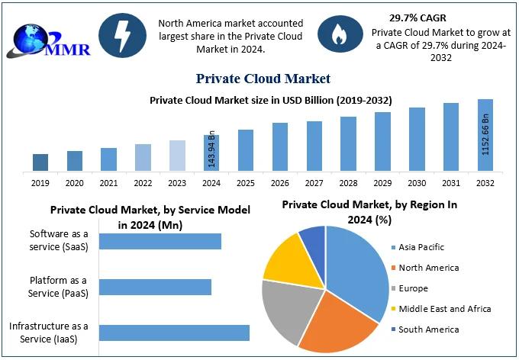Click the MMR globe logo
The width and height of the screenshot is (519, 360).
(47, 37)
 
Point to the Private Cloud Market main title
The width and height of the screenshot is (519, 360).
(263, 79)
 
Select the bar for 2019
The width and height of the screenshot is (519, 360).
(40, 162)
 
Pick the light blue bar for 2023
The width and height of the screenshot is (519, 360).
(177, 155)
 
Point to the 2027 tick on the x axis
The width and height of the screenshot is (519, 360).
(314, 183)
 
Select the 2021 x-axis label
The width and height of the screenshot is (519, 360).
(108, 183)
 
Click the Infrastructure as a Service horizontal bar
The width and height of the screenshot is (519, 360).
(174, 333)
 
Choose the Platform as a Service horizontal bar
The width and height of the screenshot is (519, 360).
(155, 287)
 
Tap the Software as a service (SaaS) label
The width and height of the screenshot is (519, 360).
(59, 239)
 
